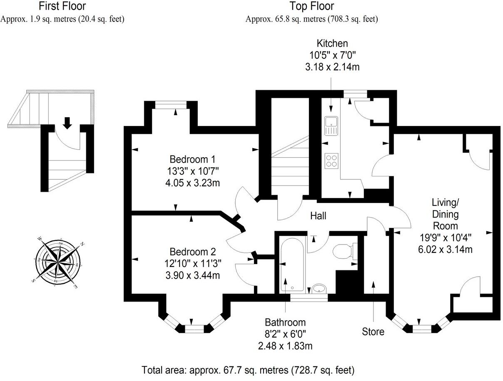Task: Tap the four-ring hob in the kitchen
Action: [331, 161]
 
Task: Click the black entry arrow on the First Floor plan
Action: [67, 123]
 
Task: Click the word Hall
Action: [318, 216]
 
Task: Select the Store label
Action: [373, 332]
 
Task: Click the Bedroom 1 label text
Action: [192, 159]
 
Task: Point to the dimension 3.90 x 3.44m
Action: [192, 275]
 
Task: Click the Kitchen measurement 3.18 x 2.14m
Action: [332, 67]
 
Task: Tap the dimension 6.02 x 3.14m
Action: [445, 249]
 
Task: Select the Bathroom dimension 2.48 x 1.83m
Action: [285, 346]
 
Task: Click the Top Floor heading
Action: [312, 6]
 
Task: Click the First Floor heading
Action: [62, 6]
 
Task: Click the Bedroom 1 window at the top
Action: [171, 105]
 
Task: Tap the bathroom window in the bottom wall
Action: [309, 298]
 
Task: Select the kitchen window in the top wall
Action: [356, 94]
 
